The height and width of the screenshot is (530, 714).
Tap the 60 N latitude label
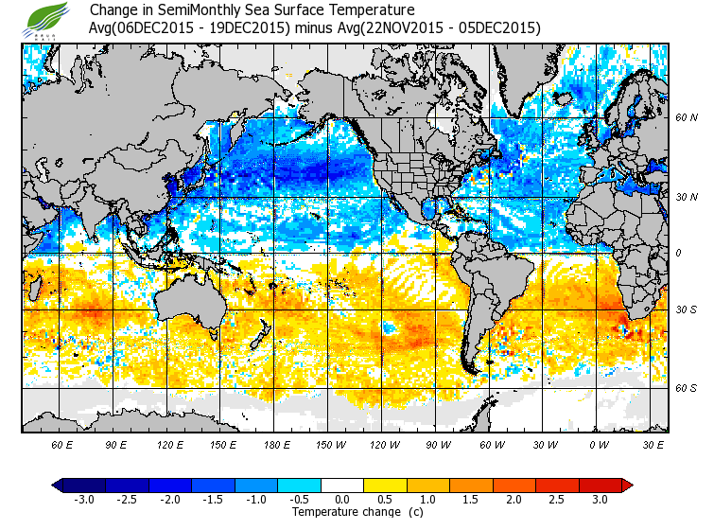(687, 118)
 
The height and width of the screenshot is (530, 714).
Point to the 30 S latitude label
(687, 310)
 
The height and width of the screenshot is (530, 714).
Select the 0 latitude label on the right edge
(678, 253)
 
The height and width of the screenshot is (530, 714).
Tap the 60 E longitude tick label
(63, 444)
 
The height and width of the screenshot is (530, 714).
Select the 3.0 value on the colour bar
(600, 500)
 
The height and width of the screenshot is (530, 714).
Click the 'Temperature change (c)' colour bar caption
(342, 512)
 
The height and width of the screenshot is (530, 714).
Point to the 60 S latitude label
(687, 388)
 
